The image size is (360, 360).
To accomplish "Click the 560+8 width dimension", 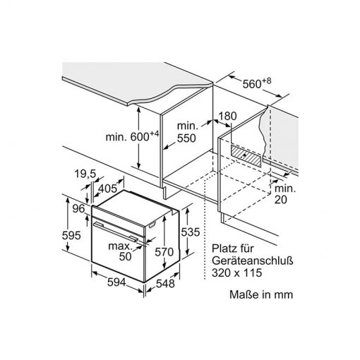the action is click(x=257, y=83).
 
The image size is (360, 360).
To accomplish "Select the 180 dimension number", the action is click(x=227, y=116).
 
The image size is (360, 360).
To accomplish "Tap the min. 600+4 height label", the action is click(x=132, y=136).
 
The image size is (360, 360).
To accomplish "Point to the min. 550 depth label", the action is click(x=186, y=132).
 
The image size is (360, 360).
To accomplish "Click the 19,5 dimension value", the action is click(x=85, y=174).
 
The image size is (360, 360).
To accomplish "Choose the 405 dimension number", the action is click(x=107, y=188).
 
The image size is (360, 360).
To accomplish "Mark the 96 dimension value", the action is click(x=78, y=208).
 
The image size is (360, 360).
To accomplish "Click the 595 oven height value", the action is click(x=71, y=235).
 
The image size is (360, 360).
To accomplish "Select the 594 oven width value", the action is click(x=116, y=282).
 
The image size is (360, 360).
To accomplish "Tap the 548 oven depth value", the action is click(x=165, y=284).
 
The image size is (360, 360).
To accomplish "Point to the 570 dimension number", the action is click(x=164, y=252).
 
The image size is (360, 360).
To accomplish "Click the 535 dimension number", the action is click(x=190, y=232).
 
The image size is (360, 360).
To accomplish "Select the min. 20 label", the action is click(x=285, y=194).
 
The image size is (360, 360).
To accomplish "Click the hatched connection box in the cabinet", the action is click(x=246, y=156).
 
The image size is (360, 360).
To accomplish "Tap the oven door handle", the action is click(x=116, y=232).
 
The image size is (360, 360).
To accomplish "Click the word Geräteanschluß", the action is click(x=253, y=260).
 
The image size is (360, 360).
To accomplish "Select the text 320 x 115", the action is click(x=236, y=273).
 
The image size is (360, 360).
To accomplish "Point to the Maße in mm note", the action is click(x=261, y=294).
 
